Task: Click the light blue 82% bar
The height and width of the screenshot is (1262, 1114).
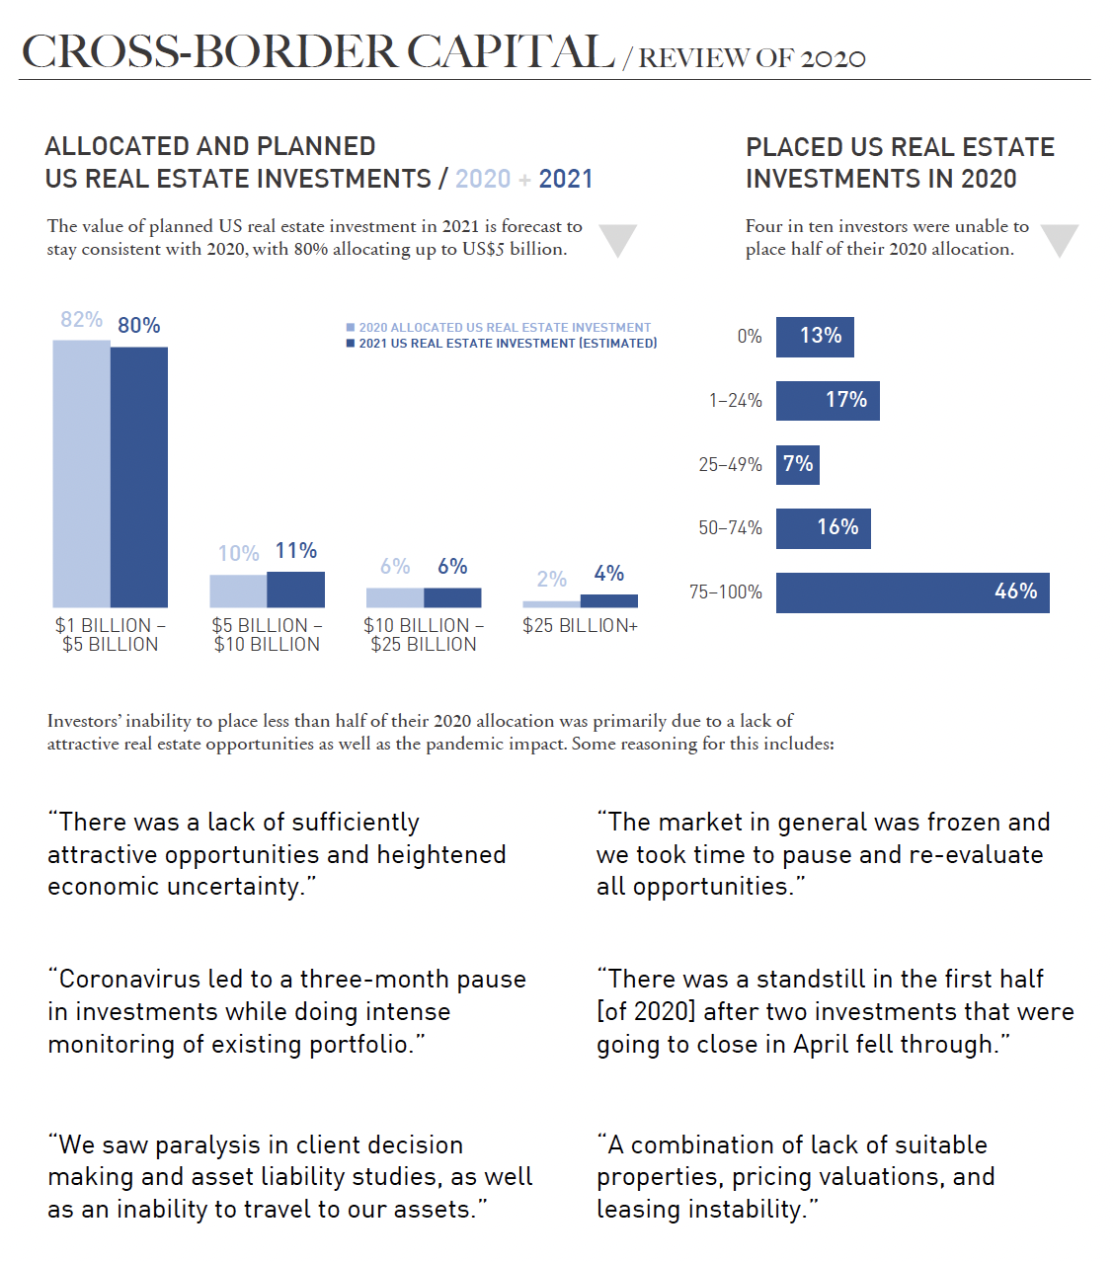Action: (x=81, y=474)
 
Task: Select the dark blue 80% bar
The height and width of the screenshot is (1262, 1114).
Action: (x=139, y=477)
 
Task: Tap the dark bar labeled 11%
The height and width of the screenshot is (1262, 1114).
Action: (x=296, y=590)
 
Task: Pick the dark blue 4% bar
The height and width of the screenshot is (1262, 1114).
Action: (x=609, y=600)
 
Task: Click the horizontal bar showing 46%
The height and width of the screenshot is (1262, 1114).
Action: (x=913, y=592)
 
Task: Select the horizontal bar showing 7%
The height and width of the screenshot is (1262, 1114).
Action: (x=798, y=464)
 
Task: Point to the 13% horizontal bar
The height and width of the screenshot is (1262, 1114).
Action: (x=815, y=337)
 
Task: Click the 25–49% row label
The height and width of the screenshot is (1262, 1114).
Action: (x=730, y=464)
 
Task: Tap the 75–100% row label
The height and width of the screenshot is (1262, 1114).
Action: (x=726, y=592)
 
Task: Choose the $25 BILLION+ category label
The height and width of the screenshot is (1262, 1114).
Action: (x=580, y=625)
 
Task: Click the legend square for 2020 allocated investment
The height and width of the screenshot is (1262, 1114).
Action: (x=351, y=328)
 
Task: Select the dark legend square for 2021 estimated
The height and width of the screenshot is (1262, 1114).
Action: (x=351, y=344)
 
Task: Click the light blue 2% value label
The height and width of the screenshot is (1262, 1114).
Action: (x=551, y=580)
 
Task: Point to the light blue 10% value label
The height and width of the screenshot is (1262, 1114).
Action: (x=238, y=553)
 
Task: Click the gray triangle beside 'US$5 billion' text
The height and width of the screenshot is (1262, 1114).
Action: (x=618, y=240)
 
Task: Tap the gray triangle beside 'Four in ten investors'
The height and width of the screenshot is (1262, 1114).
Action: (x=1060, y=240)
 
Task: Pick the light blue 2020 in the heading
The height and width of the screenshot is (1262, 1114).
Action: (x=483, y=179)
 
